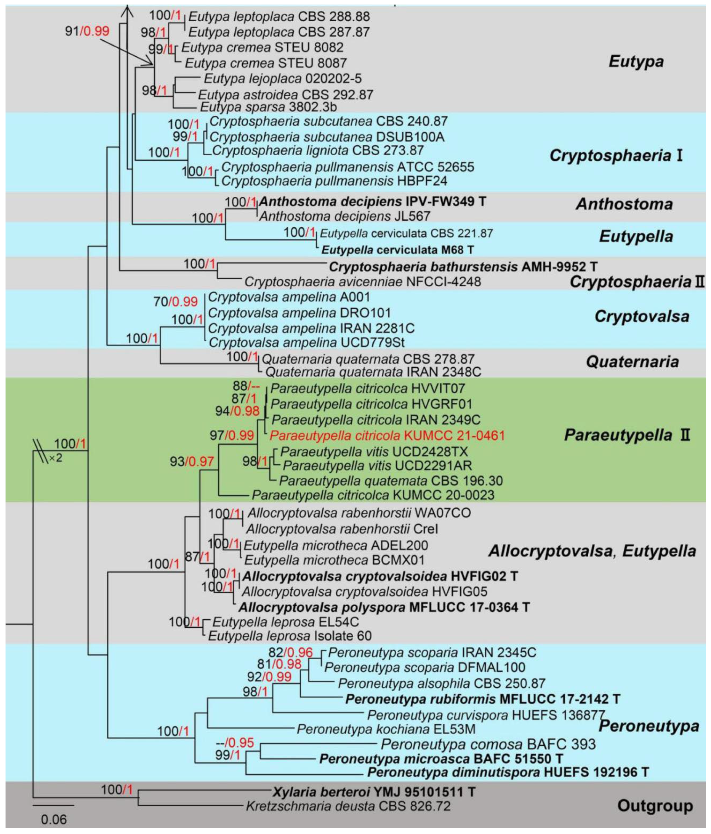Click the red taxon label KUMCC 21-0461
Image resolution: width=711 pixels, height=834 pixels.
pos(387,435)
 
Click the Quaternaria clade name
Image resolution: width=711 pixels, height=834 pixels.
pos(632,362)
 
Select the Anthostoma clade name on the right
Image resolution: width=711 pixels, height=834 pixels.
pos(624,204)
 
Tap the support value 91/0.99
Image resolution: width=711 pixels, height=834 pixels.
pos(87,31)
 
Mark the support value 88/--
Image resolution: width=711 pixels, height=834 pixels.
pos(246,386)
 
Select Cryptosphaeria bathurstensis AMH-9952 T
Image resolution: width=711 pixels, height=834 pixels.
pos(463,266)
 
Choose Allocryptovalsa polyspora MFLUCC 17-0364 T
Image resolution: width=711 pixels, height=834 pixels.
pos(384,607)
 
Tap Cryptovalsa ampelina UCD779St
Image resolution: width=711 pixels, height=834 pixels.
pos(307,343)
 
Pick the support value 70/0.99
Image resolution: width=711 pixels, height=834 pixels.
pos(176,301)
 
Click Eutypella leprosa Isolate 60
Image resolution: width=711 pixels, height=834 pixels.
pos(290,636)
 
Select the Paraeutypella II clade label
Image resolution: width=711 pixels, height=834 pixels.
pos(627,435)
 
